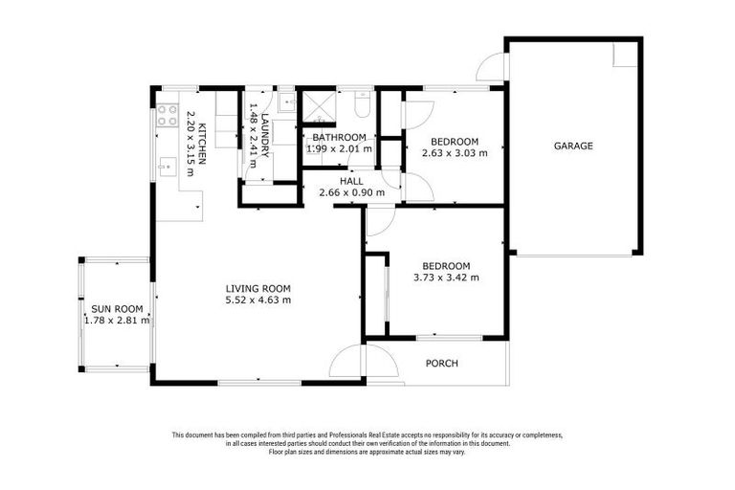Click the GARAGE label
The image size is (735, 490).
point(573,146)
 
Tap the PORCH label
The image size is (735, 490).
point(441,364)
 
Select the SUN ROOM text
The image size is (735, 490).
point(117,309)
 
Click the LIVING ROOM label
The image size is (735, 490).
point(257,288)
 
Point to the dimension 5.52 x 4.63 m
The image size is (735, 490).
point(257,300)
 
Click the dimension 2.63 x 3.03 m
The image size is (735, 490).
point(455,152)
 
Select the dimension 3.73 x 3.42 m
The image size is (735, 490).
point(446,278)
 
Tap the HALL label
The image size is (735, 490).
point(351,181)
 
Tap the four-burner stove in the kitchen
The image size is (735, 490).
point(167,116)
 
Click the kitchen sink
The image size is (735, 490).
point(165,167)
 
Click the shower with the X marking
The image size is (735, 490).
point(317,106)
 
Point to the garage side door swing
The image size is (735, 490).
point(490,67)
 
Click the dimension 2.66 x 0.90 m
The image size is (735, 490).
point(351,192)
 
